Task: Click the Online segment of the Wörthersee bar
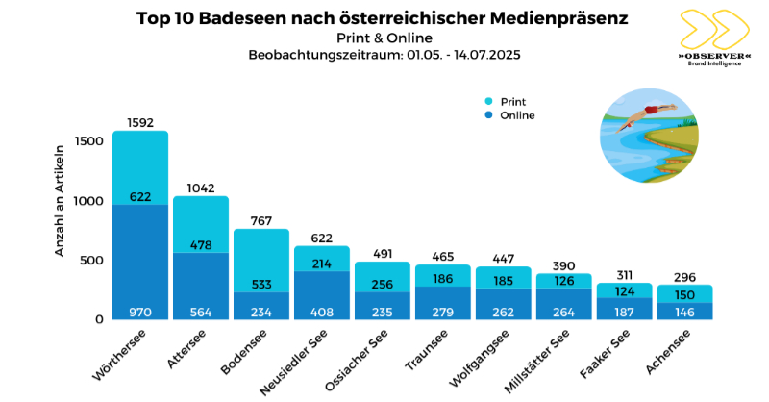140,260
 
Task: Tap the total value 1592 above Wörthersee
140,123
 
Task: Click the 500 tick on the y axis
90,260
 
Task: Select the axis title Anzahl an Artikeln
60,200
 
